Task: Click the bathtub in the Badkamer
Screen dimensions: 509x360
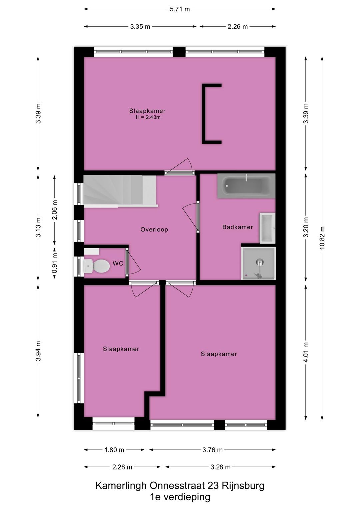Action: click(246, 186)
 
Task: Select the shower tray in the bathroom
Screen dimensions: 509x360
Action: click(259, 263)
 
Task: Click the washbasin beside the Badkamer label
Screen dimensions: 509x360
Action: click(267, 228)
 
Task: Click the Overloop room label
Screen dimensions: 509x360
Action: click(154, 229)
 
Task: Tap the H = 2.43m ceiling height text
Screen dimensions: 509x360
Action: click(148, 117)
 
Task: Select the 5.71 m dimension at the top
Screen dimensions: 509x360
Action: click(180, 9)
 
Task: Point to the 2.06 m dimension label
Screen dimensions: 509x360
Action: click(55, 210)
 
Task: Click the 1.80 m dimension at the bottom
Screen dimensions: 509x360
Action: click(114, 450)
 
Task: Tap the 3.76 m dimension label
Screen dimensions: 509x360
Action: click(212, 450)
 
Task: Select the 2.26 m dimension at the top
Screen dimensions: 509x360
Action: click(238, 27)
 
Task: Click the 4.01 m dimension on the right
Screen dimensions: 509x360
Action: click(306, 352)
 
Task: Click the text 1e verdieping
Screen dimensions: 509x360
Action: click(180, 497)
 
